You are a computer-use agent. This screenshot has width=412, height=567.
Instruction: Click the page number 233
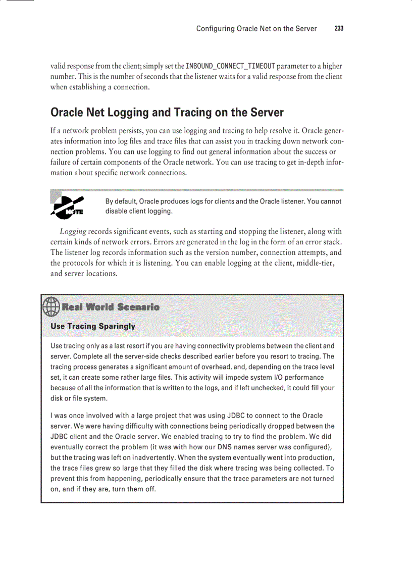(x=339, y=29)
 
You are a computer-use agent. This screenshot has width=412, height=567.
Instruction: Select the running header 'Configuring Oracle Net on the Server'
(x=256, y=29)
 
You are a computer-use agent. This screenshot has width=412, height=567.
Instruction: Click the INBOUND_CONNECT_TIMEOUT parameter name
(x=230, y=67)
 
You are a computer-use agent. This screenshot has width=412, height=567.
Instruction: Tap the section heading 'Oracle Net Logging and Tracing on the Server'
(x=167, y=112)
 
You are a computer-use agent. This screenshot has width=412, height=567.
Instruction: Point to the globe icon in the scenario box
(x=50, y=306)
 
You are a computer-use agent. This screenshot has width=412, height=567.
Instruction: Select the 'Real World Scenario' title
(x=110, y=307)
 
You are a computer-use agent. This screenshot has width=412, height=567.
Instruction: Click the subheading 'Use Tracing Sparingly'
(x=93, y=326)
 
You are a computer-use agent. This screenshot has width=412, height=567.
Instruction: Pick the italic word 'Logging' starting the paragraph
(x=73, y=232)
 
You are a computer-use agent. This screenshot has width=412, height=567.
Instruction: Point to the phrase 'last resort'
(x=121, y=346)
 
